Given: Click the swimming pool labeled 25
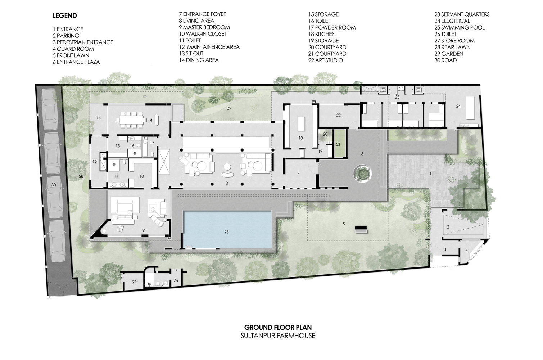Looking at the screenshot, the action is (x=227, y=229).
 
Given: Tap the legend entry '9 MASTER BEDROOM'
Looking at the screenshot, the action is (x=204, y=27).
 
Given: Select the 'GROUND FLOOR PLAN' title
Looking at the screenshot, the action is (x=278, y=327).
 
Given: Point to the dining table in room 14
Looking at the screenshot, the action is (x=131, y=120).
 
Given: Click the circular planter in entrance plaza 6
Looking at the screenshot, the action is (x=362, y=173).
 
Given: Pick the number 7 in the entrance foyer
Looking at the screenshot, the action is (x=298, y=174).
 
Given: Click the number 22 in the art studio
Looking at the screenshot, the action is (x=338, y=115).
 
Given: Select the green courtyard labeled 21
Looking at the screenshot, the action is (x=338, y=143).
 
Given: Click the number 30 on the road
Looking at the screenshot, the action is (x=54, y=185).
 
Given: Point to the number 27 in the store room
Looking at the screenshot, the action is (x=134, y=282).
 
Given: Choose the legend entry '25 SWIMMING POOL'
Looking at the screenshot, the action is (x=460, y=27).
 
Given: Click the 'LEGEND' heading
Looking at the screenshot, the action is (x=65, y=15).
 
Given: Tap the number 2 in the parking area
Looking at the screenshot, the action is (x=448, y=227).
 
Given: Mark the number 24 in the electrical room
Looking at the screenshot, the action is (x=458, y=106).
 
